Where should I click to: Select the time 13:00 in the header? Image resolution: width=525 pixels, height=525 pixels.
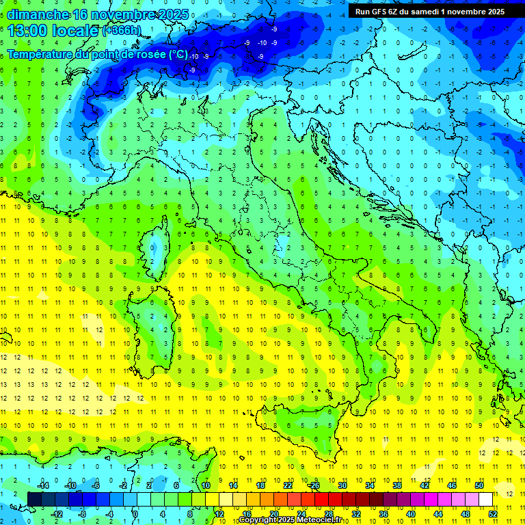(x=32, y=30)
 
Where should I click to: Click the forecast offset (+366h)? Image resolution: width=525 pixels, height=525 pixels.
(x=122, y=31)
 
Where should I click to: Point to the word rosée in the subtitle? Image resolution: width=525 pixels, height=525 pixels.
(x=148, y=53)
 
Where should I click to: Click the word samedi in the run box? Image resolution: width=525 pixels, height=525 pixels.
(x=435, y=11)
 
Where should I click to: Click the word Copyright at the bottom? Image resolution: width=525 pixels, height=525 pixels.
(x=259, y=520)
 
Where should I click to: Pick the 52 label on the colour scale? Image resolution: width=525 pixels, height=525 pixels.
(x=493, y=514)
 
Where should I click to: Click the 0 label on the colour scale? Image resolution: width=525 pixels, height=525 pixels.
(x=135, y=514)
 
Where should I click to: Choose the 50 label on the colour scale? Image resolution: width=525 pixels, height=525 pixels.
(x=479, y=485)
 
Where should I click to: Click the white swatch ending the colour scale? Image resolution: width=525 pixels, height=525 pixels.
(x=486, y=499)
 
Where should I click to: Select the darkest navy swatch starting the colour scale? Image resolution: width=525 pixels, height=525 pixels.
(x=34, y=499)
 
